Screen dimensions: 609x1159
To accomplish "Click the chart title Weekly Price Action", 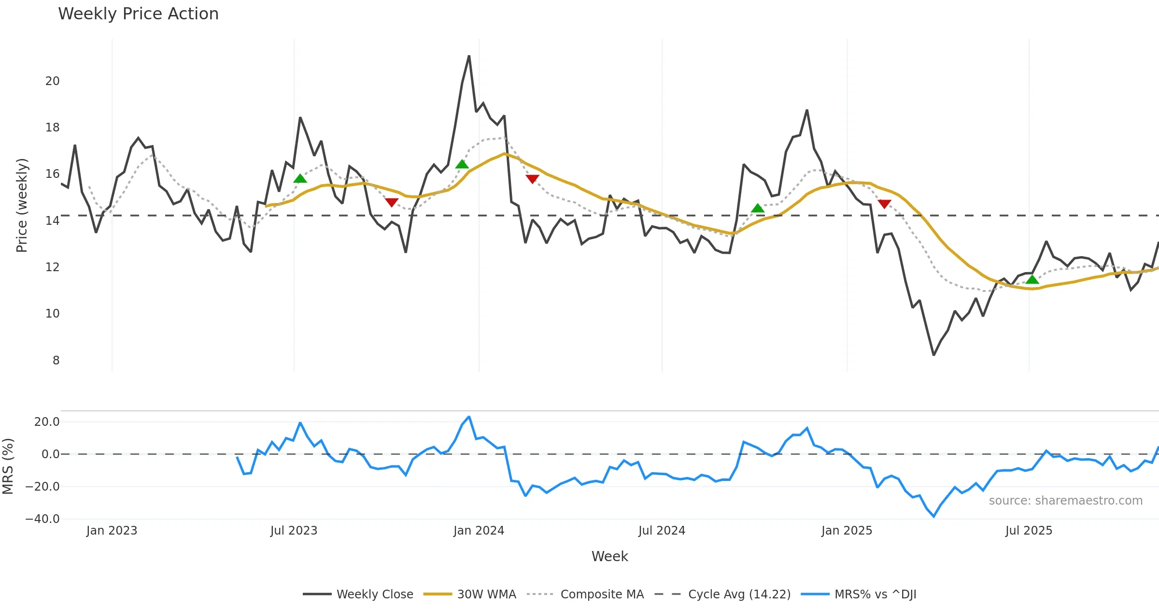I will (138, 14).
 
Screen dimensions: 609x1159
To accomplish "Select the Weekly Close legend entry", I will (374, 594).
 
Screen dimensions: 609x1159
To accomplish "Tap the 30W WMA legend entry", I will (486, 594).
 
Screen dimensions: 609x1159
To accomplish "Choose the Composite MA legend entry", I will (602, 594).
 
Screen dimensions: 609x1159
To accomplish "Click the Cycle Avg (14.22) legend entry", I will (739, 594).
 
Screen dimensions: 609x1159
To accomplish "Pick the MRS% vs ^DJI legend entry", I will (875, 594).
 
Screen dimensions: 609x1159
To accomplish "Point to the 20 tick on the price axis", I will (53, 81).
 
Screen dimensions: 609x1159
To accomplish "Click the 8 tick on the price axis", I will (56, 361).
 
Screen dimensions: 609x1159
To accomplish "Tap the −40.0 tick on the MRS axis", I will (42, 519).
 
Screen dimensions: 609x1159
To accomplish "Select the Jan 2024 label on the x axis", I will (479, 531).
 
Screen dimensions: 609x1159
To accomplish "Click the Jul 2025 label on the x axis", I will (1029, 531).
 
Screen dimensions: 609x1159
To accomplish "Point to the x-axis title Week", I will (609, 557).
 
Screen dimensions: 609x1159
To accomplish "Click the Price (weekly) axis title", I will (22, 205).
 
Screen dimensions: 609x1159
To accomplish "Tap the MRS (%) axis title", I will (8, 466).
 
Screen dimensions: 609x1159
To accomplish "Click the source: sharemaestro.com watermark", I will (1065, 501).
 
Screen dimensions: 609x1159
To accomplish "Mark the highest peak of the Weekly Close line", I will (469, 56).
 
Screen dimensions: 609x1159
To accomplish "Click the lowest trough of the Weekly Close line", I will (933, 355).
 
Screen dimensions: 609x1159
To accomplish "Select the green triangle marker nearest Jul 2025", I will (1032, 279).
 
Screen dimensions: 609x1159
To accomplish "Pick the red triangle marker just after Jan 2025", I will (884, 204).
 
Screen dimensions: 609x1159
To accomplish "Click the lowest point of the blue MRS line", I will (933, 516).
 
